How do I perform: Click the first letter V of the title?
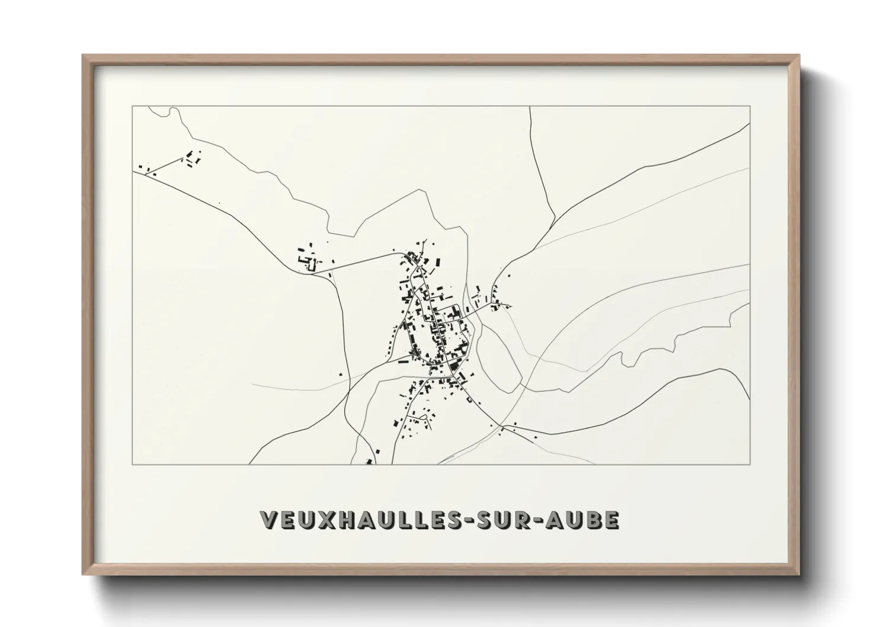pyautogui.click(x=268, y=520)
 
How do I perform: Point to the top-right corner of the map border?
pyautogui.click(x=750, y=106)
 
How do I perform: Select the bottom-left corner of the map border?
pyautogui.click(x=132, y=464)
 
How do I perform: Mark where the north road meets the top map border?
pyautogui.click(x=530, y=107)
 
